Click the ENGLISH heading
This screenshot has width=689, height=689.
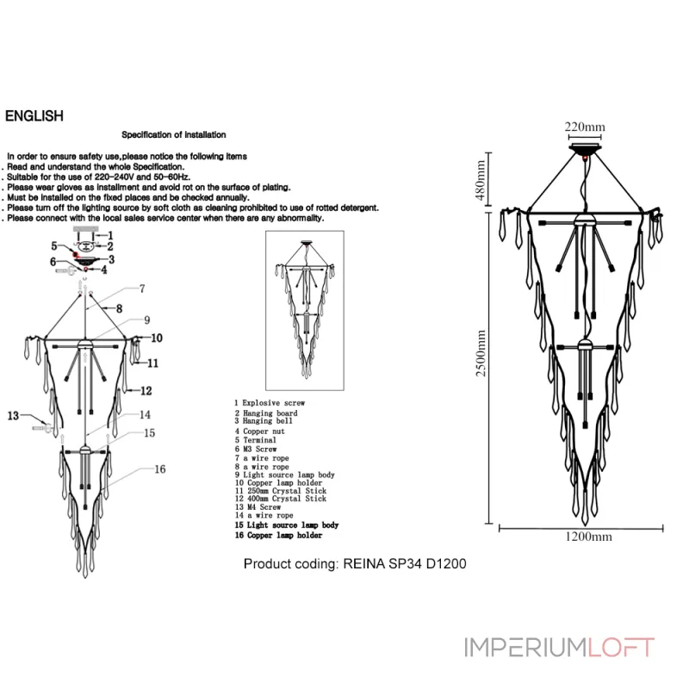pos(34,116)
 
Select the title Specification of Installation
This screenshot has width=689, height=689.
pos(173,135)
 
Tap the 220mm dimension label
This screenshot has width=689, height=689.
pos(585,127)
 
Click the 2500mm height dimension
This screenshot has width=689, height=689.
pos(483,358)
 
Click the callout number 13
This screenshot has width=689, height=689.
pos(13,416)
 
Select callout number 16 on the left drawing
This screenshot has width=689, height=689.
pos(159,469)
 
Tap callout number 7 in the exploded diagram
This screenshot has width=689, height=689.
pos(142,289)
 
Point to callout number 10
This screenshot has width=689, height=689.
pos(157,338)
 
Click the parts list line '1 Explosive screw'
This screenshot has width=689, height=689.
pos(270,402)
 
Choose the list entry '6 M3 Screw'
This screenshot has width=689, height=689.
pos(256,450)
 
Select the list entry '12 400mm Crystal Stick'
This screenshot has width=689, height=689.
pos(280,499)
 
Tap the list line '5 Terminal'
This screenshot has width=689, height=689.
pos(255,440)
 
